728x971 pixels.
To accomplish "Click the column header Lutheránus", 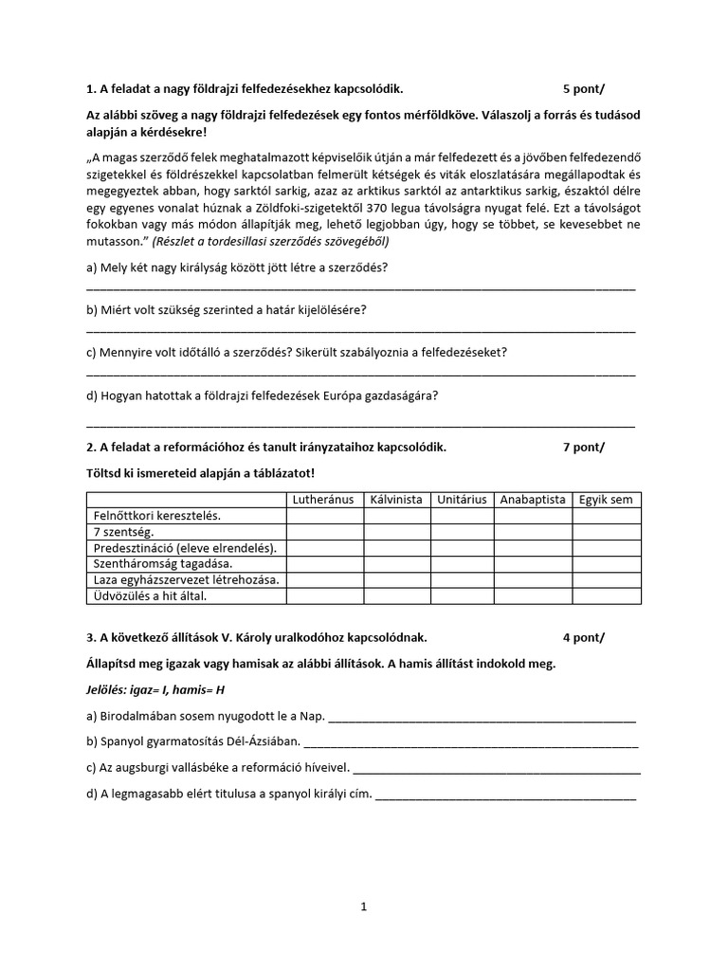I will coord(324,500).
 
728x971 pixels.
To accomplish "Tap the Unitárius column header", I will coord(462,500).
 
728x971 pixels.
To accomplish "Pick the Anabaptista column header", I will coord(533,500).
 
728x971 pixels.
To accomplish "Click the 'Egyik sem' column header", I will coord(606,500).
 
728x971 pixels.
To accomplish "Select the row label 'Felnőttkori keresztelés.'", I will coord(156,516).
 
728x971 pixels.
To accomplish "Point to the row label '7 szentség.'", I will coord(123,532).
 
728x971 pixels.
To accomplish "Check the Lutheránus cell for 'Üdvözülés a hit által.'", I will coord(324,596).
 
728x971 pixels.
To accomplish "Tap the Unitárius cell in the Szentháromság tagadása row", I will coord(462,564).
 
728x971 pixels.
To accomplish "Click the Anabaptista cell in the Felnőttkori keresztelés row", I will coord(533,516).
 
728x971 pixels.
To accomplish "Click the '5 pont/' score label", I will coord(583,89).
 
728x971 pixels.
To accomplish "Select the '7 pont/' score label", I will coord(583,448).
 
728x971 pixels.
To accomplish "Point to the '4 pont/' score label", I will coord(583,637).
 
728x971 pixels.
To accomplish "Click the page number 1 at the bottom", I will coord(363,907).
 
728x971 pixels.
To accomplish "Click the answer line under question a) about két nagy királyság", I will coord(360,286).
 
